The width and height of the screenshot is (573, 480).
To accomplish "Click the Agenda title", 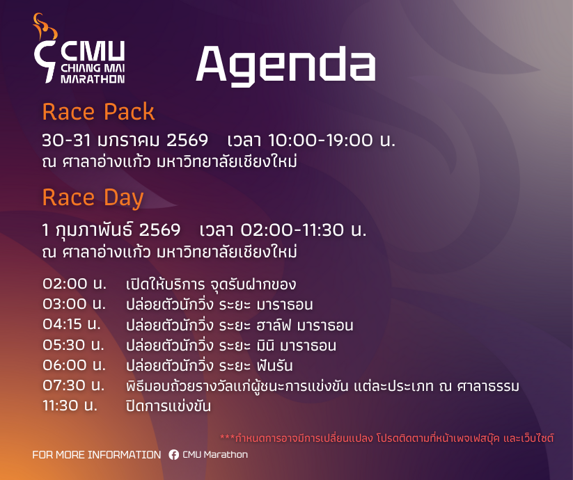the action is [285, 65].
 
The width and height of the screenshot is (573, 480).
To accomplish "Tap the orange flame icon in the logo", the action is [45, 26].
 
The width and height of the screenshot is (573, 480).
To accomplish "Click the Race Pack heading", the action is [98, 111].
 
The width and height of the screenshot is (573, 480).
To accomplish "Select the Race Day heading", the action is [93, 198].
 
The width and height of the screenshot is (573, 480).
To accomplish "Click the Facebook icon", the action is [173, 454].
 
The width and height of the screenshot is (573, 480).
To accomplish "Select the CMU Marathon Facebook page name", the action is [215, 454].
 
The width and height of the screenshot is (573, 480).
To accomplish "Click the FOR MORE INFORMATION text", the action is [97, 455].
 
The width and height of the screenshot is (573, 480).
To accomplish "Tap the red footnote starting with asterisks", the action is [386, 438].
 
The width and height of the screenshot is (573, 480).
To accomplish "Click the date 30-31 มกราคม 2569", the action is [125, 141].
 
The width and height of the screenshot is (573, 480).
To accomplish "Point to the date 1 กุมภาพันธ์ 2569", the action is [111, 230].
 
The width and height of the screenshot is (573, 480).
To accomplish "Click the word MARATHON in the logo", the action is [93, 79].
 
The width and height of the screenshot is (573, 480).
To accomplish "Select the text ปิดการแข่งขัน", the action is [168, 406].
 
